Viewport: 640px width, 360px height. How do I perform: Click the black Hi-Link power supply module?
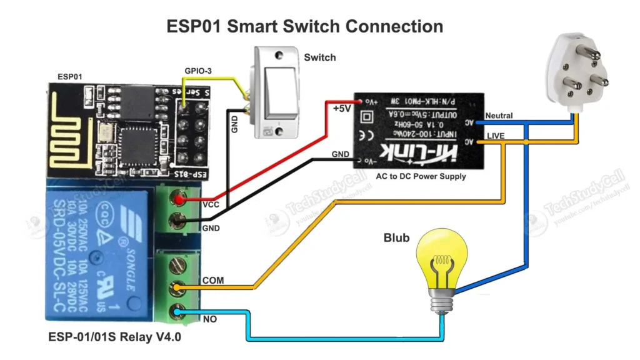[x=418, y=129]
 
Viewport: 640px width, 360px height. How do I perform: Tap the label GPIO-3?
[x=197, y=71]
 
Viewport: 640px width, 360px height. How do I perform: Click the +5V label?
[x=342, y=108]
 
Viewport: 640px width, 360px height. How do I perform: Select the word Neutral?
[x=499, y=116]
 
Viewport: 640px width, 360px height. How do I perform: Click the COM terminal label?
[x=213, y=280]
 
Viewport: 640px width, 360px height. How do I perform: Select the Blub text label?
[x=397, y=238]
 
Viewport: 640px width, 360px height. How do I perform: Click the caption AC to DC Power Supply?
[x=421, y=176]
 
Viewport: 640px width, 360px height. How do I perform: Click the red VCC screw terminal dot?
[x=180, y=199]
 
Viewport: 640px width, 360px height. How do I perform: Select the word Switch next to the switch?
[x=320, y=57]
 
